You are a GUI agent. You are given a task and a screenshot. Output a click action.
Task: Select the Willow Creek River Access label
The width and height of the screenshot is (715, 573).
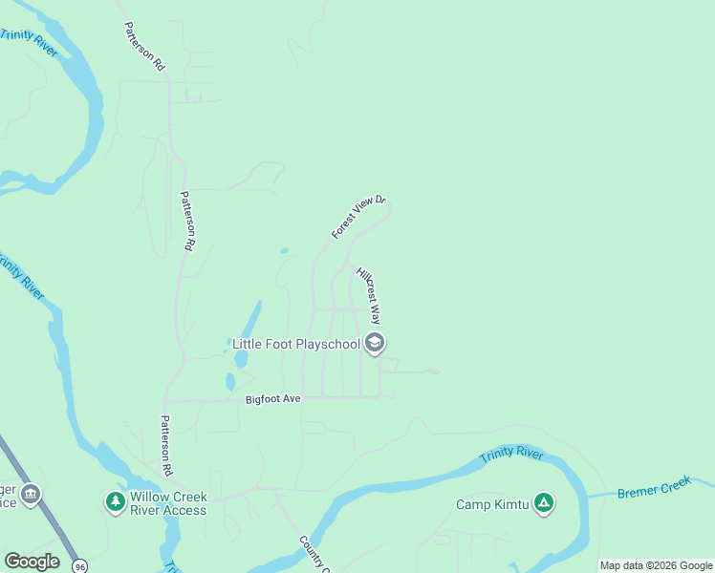(168, 503)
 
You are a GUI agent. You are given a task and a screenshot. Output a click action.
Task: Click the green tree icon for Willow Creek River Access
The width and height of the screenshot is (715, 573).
(115, 501)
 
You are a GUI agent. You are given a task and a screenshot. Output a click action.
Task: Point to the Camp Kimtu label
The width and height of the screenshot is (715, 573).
(491, 504)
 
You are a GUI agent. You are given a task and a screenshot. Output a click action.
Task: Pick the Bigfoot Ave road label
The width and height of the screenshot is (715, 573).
(272, 398)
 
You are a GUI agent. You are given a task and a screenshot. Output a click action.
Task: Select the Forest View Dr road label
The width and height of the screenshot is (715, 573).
(357, 218)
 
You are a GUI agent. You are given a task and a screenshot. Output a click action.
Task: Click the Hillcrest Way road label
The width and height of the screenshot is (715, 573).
(368, 296)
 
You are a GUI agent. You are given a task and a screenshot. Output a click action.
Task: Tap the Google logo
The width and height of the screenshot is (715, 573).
(32, 562)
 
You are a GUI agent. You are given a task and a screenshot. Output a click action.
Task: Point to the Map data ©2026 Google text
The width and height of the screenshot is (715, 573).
(657, 565)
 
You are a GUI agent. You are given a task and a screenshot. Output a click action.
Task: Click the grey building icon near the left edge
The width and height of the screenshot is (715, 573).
(31, 494)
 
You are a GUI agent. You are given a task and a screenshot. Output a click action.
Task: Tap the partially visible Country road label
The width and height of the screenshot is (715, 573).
(314, 555)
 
